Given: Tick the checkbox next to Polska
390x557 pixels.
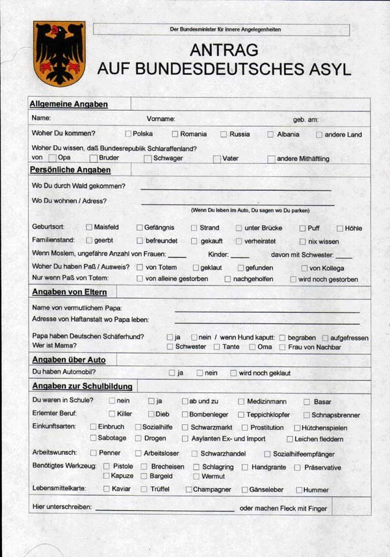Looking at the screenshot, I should coord(129,134).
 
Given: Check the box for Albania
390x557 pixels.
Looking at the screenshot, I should coord(270,134).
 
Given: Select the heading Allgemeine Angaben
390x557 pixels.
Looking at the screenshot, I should coord(69,104).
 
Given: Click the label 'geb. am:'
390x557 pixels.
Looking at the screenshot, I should coord(305,119).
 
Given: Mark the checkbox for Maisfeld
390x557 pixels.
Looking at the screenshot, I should coord(89,228).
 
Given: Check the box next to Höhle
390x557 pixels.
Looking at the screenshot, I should coord(340,228).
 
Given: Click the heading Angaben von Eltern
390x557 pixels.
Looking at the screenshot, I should coord(70,292).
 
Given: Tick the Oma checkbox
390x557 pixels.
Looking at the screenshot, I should coord(252,347).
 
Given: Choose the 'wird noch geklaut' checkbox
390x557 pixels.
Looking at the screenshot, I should coord(233,373).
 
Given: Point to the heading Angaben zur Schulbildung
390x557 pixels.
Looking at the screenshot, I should coord(83,386).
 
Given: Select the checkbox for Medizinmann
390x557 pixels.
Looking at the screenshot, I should coord(242,401).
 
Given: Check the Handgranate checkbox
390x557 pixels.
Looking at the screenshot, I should coord(245,467).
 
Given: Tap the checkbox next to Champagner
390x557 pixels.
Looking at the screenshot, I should coord(188,489).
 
